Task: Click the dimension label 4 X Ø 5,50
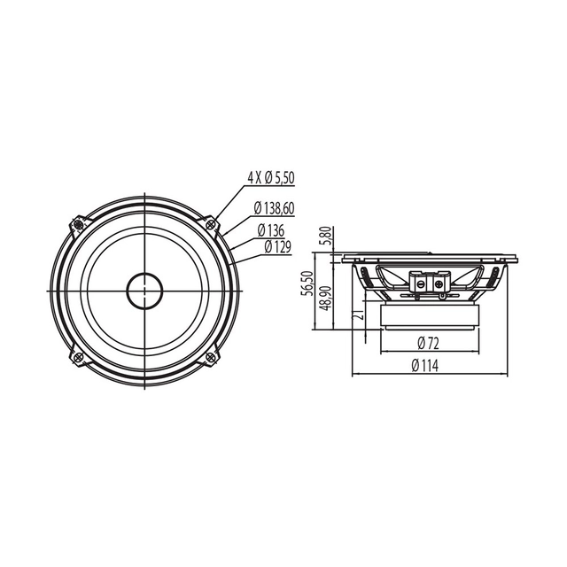pyautogui.click(x=270, y=178)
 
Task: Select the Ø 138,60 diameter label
pyautogui.click(x=276, y=208)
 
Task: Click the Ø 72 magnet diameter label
pyautogui.click(x=429, y=342)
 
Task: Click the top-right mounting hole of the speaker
pyautogui.click(x=211, y=223)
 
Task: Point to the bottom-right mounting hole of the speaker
pyautogui.click(x=211, y=357)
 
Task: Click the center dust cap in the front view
pyautogui.click(x=144, y=290)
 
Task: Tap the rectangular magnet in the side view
pyautogui.click(x=429, y=315)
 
